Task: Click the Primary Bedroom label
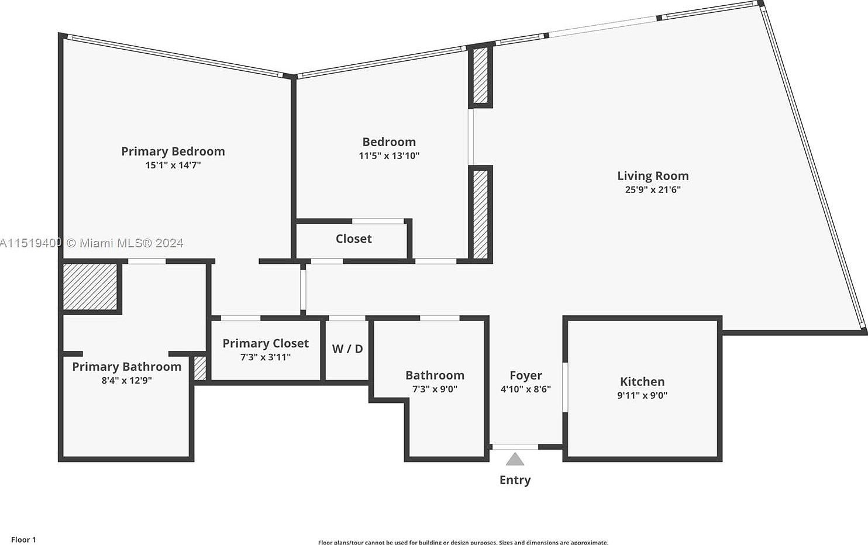173,151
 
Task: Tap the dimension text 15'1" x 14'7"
173,165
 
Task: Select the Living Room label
653,176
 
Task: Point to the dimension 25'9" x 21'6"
653,189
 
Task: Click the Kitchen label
642,382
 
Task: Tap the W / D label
347,349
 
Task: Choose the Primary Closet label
266,343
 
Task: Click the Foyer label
525,375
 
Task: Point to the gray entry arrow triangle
515,460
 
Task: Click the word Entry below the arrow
515,480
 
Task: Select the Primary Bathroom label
126,367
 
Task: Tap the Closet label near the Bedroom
353,239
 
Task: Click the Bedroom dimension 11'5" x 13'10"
389,156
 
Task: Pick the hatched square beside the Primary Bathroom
90,287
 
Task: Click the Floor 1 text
23,540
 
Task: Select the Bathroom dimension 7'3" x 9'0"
435,389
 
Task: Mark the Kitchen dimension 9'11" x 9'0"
642,395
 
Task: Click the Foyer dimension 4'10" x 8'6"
525,389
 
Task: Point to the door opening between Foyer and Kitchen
565,387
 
